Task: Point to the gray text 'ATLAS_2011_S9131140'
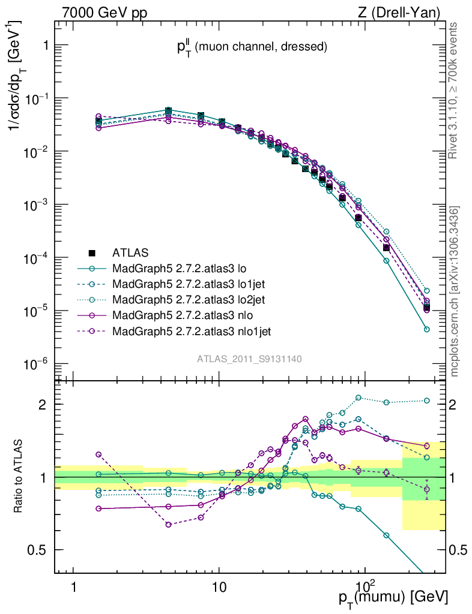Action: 249,359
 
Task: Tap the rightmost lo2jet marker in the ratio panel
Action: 427,401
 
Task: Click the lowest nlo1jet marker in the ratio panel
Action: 169,525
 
